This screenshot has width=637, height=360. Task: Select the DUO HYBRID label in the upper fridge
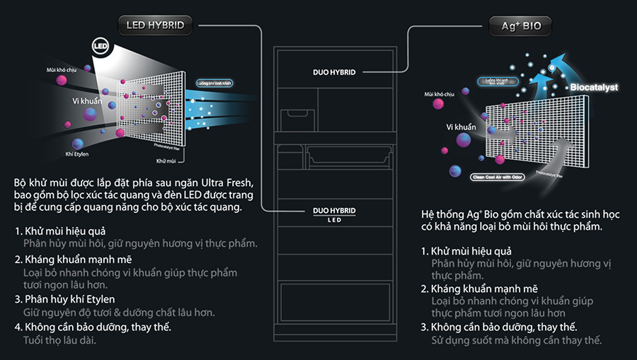pyautogui.click(x=334, y=72)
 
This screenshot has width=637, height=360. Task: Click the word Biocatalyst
pyautogui.click(x=593, y=88)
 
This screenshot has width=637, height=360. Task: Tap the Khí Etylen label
pyautogui.click(x=77, y=153)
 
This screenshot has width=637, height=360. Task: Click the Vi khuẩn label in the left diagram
pyautogui.click(x=87, y=102)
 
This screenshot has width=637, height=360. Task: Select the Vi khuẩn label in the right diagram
pyautogui.click(x=461, y=127)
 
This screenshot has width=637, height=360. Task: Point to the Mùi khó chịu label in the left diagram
pyautogui.click(x=61, y=71)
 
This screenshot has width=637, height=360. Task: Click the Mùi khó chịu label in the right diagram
pyautogui.click(x=439, y=93)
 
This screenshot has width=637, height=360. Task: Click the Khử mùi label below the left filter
pyautogui.click(x=166, y=161)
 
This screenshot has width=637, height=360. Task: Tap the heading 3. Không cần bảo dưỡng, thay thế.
pyautogui.click(x=498, y=327)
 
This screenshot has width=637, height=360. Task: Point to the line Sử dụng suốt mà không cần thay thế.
pyautogui.click(x=517, y=341)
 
